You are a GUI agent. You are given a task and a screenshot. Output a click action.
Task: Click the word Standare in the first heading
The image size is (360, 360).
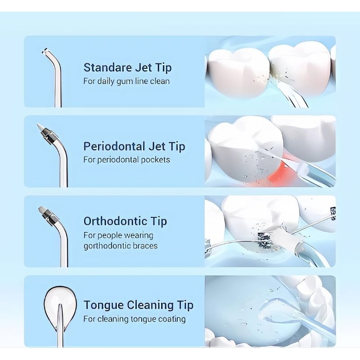click(x=108, y=67)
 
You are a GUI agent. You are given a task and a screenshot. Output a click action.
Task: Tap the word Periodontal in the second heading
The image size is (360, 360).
click(x=114, y=146)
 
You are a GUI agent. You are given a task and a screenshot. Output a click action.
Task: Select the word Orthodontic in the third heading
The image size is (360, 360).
click(x=115, y=221)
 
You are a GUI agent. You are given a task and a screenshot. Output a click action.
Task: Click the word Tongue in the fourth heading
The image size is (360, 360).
click(x=103, y=306)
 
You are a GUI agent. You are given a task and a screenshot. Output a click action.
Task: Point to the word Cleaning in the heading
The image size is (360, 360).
click(x=150, y=305)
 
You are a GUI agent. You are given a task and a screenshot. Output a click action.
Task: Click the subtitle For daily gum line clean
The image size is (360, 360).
click(x=126, y=81)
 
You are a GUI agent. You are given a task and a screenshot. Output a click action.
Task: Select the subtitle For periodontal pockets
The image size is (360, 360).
click(x=127, y=160)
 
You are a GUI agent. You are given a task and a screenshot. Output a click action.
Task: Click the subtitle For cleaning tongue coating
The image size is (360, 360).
click(x=135, y=319)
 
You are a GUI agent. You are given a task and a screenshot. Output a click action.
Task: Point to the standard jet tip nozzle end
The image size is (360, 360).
click(x=45, y=51)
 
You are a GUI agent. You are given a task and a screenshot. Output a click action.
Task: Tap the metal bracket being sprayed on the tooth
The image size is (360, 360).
click(x=265, y=240)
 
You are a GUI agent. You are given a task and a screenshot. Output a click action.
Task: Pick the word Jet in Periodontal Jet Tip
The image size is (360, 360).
click(x=157, y=146)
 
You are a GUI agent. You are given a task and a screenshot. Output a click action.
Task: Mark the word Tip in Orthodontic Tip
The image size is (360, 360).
click(x=159, y=221)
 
